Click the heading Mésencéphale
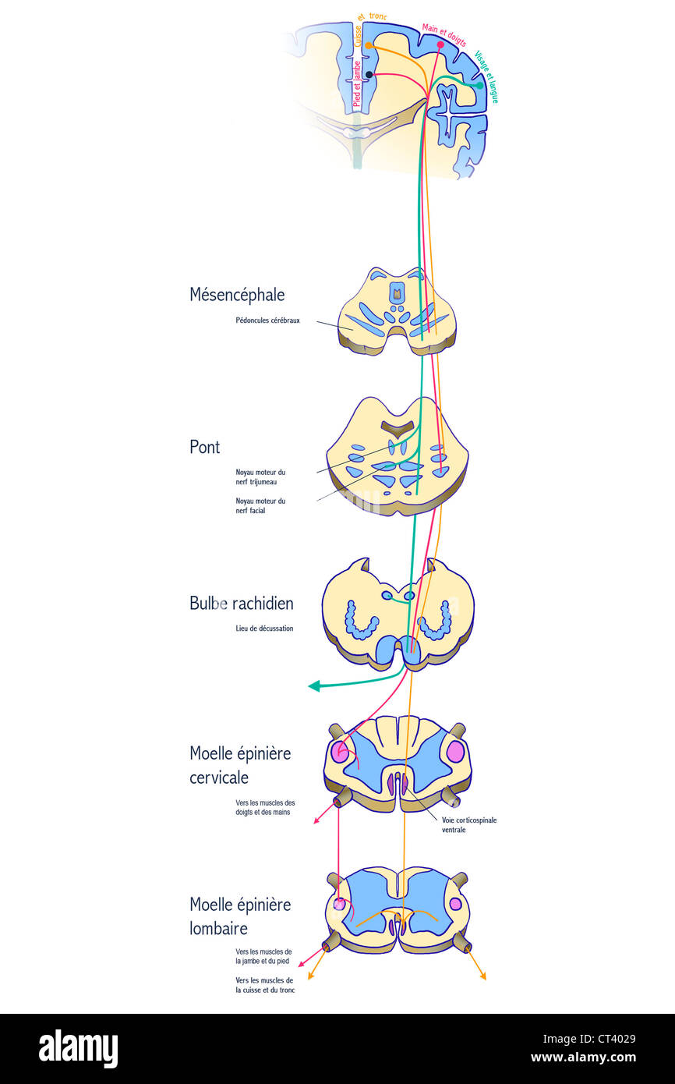237,295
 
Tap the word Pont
205,447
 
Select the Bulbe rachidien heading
242,604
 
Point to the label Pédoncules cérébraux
267,321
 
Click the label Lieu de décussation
264,629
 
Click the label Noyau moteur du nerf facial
260,505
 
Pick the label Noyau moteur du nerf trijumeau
260,476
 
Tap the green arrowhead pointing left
314,686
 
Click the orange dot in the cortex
368,46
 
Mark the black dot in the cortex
369,75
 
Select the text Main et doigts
444,35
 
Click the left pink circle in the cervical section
340,752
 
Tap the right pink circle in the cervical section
455,752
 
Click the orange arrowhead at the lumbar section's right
483,976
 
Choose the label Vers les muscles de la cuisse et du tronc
264,985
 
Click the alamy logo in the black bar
78,1049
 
